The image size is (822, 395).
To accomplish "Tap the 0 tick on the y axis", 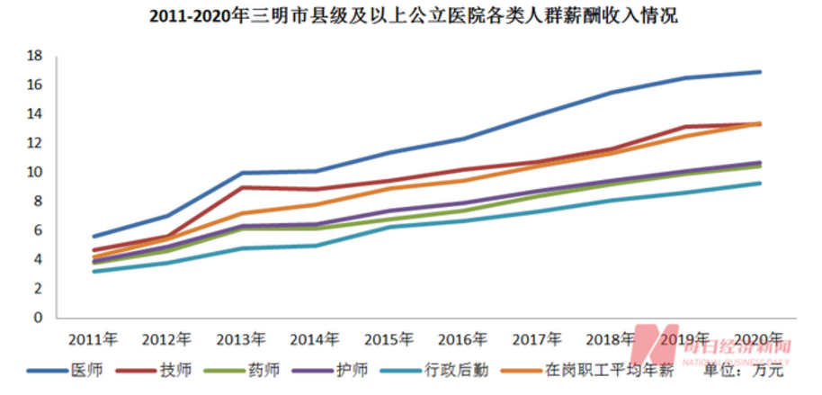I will (x=39, y=319).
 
